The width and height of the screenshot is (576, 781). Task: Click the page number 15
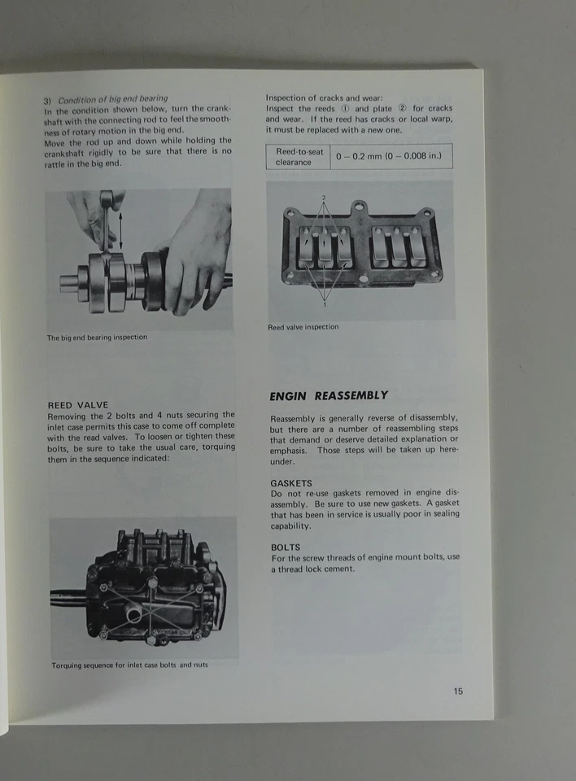click(x=458, y=692)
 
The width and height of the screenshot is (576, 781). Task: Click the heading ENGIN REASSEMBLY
click(x=329, y=396)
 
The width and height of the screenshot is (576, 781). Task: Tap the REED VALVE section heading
click(x=77, y=404)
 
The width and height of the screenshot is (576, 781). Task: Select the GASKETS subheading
click(x=291, y=482)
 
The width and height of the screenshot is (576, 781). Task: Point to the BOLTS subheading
click(x=286, y=548)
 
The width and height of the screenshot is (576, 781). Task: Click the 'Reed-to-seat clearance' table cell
click(x=299, y=156)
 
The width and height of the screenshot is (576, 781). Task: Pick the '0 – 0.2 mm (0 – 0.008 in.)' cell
click(x=391, y=156)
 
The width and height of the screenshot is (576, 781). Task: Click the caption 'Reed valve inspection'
click(x=303, y=327)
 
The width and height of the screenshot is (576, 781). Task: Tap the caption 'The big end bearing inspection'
click(x=97, y=338)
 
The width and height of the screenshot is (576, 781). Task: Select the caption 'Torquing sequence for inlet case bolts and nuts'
click(x=129, y=665)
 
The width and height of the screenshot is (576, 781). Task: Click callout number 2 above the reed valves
click(x=323, y=198)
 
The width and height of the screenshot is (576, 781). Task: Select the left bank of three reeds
click(x=325, y=248)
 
